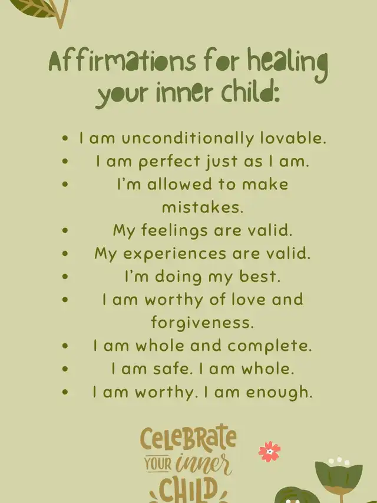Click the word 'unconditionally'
(x=188, y=139)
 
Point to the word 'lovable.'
(x=293, y=138)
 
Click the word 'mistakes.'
(x=203, y=207)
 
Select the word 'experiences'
(x=175, y=254)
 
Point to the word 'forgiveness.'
(x=203, y=322)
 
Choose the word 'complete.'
(x=270, y=346)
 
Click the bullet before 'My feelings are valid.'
(x=65, y=231)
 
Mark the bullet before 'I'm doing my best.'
(x=65, y=276)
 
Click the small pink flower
(x=270, y=452)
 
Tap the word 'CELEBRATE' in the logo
(x=188, y=437)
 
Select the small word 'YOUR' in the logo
(x=158, y=464)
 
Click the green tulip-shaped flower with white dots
(x=339, y=475)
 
